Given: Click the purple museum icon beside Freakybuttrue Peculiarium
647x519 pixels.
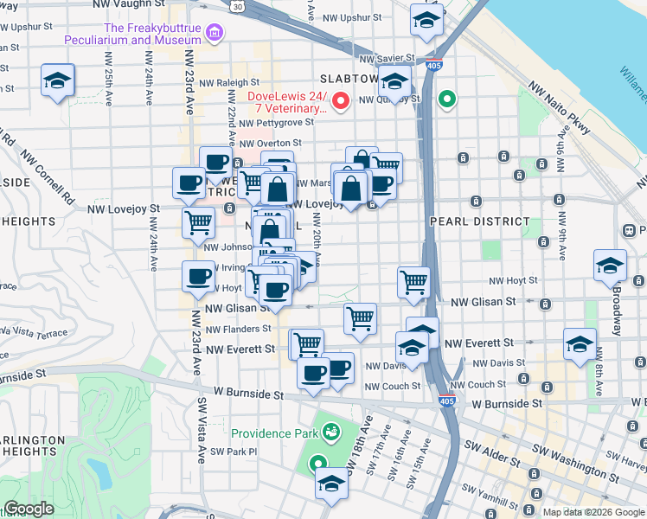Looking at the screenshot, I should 215,34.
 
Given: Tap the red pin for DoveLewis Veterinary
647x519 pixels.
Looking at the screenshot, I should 341,101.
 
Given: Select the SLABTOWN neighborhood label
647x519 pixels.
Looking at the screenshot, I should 349,78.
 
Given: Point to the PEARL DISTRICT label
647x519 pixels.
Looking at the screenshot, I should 476,221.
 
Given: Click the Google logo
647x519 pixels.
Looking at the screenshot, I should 29,509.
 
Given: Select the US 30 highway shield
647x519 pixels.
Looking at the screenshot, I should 237,6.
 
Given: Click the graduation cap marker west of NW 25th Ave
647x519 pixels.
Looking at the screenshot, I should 58,81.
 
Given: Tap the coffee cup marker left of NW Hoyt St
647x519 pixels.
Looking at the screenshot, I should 198,277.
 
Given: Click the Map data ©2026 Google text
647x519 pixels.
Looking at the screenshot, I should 593,512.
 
